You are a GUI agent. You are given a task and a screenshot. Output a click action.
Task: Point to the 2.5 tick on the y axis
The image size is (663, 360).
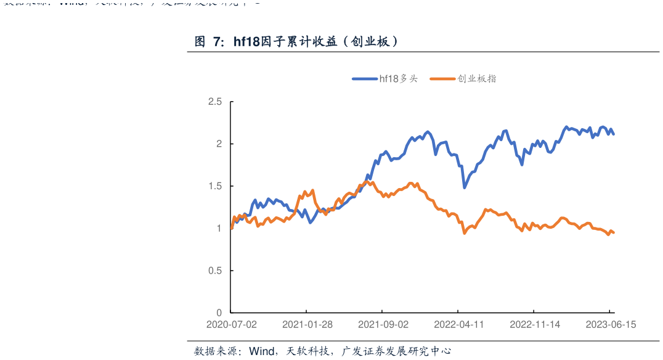[214, 102]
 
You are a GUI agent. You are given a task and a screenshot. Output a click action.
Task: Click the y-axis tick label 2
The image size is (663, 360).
[218, 144]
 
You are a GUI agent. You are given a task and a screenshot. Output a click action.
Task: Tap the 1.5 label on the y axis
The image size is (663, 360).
[214, 186]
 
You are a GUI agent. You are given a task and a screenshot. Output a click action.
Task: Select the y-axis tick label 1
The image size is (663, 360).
[218, 228]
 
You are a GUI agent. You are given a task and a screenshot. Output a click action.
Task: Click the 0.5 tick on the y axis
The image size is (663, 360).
[214, 271]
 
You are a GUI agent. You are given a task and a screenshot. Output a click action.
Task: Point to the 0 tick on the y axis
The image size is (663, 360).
[218, 313]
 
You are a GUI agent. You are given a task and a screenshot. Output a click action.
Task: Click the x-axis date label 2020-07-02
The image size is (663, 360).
[231, 324]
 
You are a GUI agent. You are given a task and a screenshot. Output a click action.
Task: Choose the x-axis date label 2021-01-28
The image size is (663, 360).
[307, 324]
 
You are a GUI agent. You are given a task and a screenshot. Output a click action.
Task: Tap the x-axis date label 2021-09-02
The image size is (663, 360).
[383, 324]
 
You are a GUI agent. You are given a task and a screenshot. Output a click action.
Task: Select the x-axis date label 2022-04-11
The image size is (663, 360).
[459, 324]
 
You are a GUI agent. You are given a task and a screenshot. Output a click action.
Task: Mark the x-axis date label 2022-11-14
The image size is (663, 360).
[535, 324]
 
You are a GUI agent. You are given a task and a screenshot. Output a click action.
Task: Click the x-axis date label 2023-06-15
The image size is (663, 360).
[611, 324]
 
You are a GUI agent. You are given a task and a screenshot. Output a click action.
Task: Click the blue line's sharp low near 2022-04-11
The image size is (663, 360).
[464, 187]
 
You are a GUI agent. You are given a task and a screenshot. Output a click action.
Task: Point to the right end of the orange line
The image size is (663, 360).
[614, 232]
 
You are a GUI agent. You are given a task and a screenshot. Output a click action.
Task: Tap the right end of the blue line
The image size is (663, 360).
[614, 134]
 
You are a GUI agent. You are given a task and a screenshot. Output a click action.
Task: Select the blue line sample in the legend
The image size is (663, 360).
[365, 79]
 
